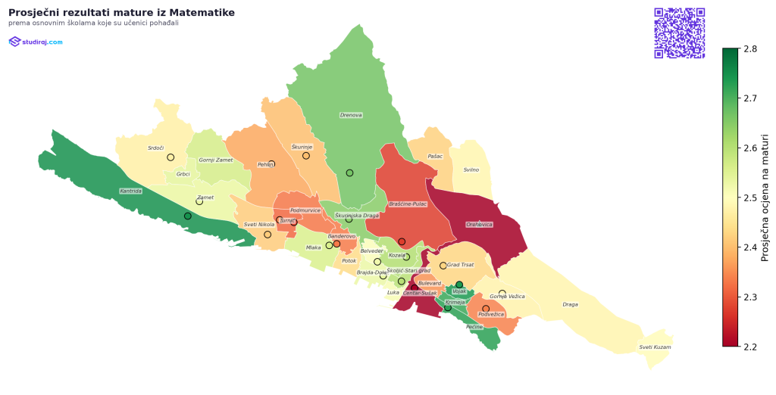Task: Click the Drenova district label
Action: click(x=351, y=115)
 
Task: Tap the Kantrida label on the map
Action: click(x=130, y=191)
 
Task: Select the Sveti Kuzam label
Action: click(x=655, y=347)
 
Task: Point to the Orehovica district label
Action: click(x=480, y=225)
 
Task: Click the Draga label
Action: click(x=570, y=305)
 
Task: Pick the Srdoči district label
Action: click(x=156, y=148)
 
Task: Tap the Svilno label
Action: click(x=471, y=170)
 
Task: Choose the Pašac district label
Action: click(x=435, y=157)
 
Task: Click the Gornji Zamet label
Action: click(x=216, y=160)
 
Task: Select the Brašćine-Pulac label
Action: click(x=408, y=204)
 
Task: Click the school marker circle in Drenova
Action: click(x=349, y=173)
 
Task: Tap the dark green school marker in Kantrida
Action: click(x=188, y=216)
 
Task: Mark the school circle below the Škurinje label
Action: click(x=306, y=156)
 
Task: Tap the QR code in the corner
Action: click(x=679, y=33)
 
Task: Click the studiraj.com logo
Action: click(x=36, y=42)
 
